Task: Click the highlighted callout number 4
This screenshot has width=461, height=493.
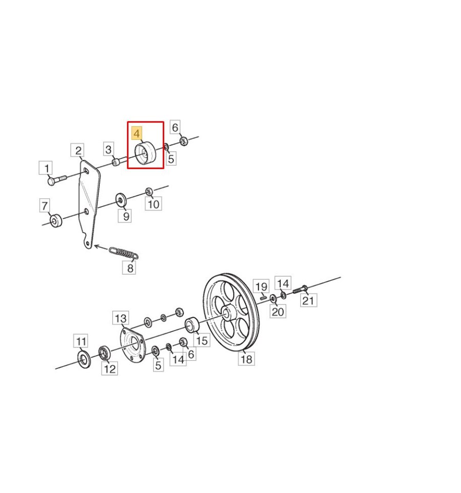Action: (137, 134)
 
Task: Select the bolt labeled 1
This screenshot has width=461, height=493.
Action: (56, 180)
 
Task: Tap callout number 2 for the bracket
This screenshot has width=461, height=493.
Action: (78, 150)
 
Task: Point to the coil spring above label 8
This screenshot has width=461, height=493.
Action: (124, 253)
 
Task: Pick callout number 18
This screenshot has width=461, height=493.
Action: (246, 359)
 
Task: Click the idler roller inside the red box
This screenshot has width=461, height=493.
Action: (145, 153)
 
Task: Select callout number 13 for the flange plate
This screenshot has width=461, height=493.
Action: (121, 318)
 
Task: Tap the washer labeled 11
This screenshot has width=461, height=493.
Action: (84, 359)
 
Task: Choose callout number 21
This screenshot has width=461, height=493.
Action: (308, 300)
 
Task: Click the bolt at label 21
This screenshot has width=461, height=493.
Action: (300, 289)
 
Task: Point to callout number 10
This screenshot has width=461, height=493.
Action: (153, 204)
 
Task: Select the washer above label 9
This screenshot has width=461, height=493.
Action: (121, 199)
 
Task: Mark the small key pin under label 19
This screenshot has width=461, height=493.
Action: (263, 296)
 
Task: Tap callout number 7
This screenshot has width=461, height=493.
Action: (45, 206)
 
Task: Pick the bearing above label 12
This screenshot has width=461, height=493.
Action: (104, 354)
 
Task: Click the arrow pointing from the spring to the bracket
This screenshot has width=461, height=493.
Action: (101, 248)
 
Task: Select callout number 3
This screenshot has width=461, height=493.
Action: (109, 149)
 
